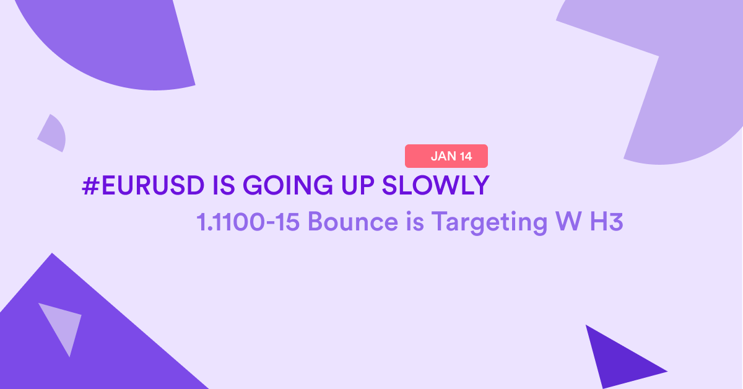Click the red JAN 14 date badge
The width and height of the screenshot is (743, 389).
446,156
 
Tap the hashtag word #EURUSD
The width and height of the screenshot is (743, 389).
143,185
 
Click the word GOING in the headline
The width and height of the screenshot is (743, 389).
287,185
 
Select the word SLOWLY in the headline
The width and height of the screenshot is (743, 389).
436,185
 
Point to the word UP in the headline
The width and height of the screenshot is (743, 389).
358,185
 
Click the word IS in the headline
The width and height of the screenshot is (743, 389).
224,185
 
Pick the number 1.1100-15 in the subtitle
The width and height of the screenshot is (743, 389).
248,221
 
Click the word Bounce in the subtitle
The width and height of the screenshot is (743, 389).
353,221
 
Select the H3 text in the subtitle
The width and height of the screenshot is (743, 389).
607,221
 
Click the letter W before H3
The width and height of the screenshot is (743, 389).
568,221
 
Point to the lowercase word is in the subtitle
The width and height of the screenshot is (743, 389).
415,221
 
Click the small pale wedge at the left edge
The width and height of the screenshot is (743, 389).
53,134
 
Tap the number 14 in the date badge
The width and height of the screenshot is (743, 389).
466,156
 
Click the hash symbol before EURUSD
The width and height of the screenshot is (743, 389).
90,185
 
